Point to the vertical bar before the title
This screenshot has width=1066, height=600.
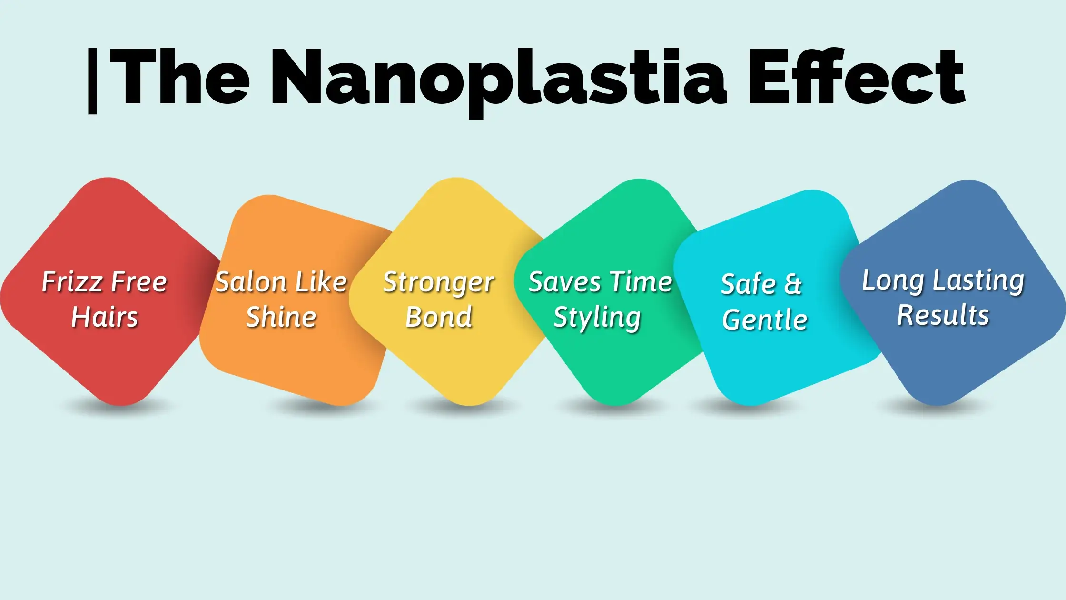92,80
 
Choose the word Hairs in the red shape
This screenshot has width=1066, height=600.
105,317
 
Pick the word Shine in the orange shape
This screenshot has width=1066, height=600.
281,317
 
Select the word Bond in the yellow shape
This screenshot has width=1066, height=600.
439,317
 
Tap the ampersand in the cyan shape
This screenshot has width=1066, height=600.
793,284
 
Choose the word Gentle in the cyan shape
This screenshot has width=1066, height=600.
765,319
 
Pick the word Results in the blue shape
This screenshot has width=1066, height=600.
943,315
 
